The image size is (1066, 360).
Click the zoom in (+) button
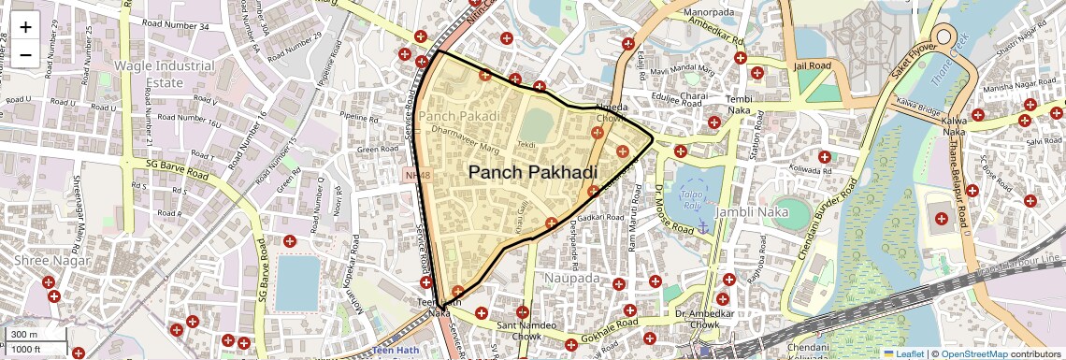tap(25, 26)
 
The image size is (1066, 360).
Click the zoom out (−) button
tap(25, 54)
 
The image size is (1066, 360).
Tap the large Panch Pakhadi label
tap(532, 172)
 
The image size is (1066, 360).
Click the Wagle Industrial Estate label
tap(164, 74)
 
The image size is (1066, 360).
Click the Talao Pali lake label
tap(691, 198)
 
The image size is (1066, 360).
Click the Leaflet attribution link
tap(905, 353)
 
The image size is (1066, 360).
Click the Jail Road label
tap(812, 66)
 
